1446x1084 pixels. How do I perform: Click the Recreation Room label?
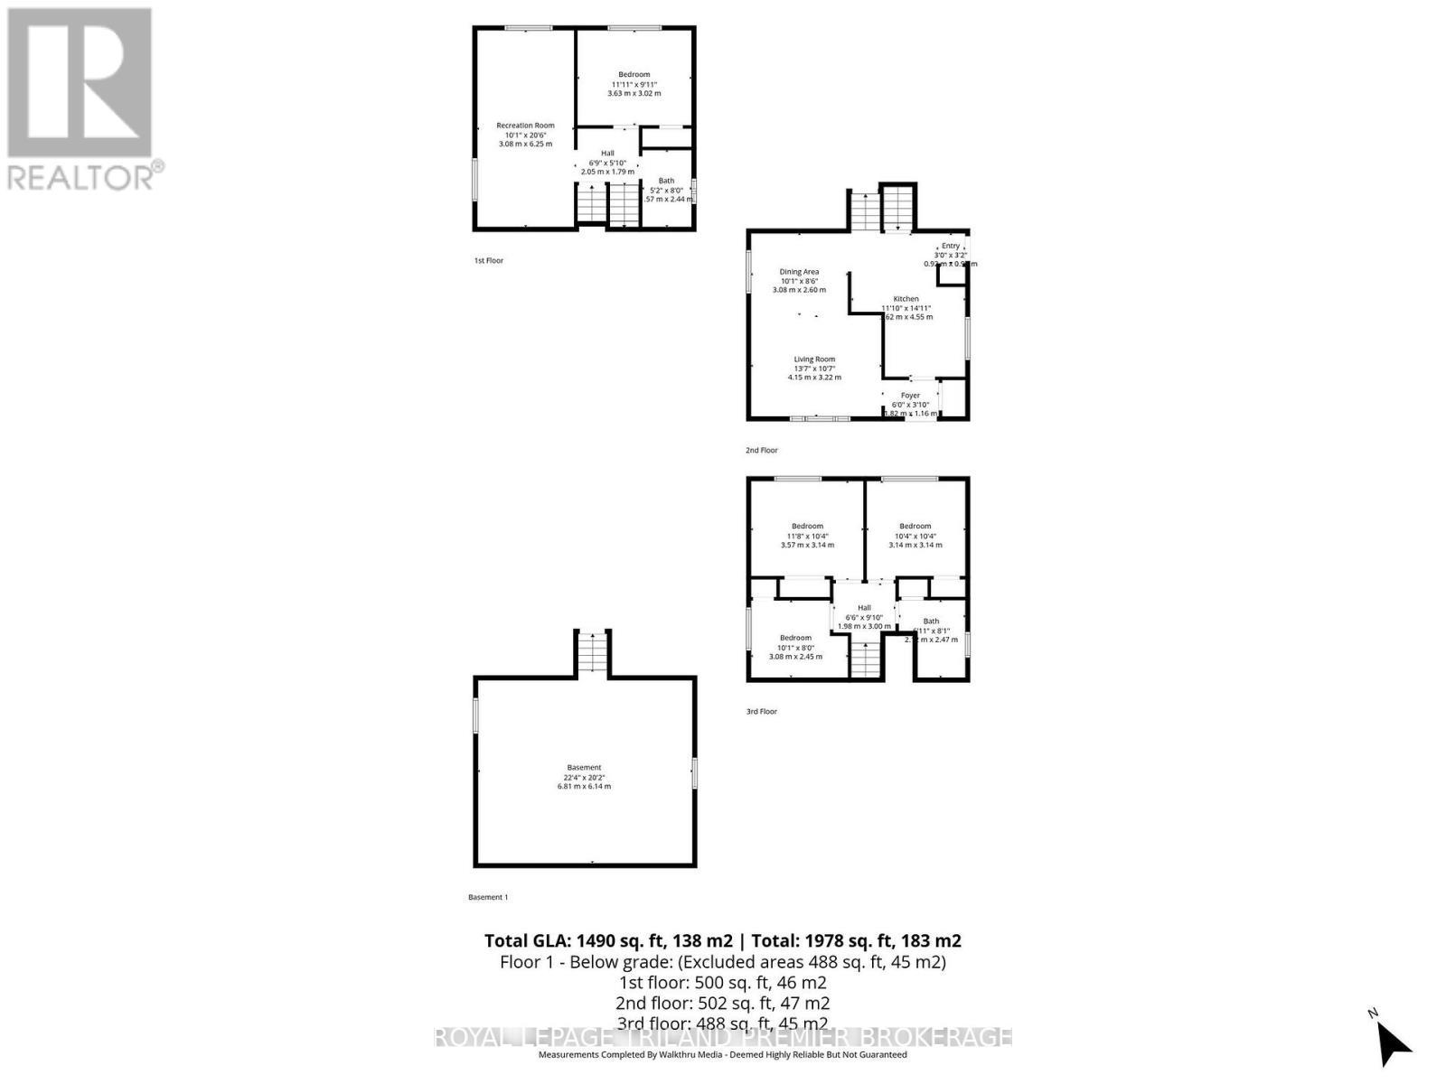point(525,126)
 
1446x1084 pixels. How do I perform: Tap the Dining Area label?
point(799,272)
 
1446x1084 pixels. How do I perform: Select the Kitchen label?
point(906,299)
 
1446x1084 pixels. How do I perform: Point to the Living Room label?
point(814,360)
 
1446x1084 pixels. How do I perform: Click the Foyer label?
point(910,396)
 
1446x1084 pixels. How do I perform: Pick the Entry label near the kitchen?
point(950,246)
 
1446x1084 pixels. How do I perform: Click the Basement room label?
point(584,768)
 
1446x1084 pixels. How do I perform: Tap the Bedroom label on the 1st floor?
point(634,75)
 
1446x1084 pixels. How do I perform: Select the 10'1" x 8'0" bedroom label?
point(795,638)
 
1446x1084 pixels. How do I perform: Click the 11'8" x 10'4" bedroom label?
point(807,527)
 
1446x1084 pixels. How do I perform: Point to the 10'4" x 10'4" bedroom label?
point(915,527)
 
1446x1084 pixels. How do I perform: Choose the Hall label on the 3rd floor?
point(864,608)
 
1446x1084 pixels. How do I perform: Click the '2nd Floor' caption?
point(761,450)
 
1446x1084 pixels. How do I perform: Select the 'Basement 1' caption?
point(488,897)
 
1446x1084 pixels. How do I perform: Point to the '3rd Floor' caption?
point(761,711)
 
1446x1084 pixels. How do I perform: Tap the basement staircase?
point(592,652)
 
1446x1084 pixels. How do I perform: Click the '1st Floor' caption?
point(488,260)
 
